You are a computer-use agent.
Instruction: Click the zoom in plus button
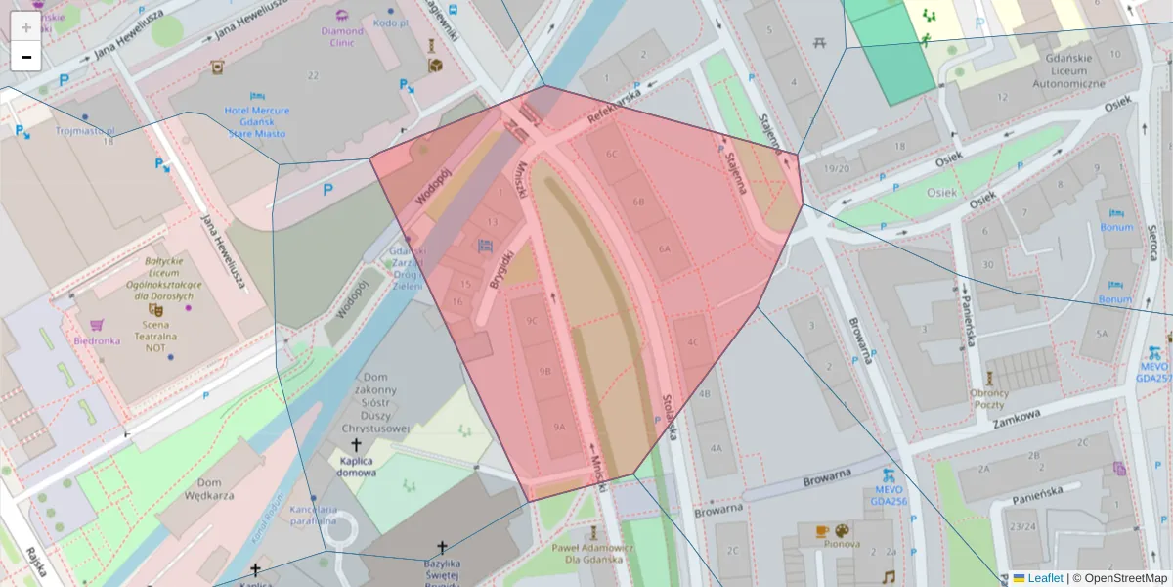[x=26, y=26]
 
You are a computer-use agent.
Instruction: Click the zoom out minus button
[x=26, y=57]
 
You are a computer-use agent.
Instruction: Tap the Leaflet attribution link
[x=1045, y=578]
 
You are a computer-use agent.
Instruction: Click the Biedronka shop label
[x=97, y=340]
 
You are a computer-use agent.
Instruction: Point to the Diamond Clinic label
[x=342, y=36]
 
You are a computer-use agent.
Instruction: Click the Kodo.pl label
[x=389, y=23]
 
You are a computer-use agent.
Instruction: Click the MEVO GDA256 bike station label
[x=890, y=494]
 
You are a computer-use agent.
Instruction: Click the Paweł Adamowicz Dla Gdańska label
[x=592, y=554]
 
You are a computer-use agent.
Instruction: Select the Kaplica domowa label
[x=357, y=466]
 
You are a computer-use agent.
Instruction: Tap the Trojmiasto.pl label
[x=85, y=130]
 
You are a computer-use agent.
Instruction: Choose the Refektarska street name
[x=613, y=106]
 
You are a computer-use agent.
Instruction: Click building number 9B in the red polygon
[x=545, y=371]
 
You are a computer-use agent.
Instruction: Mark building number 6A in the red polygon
[x=665, y=248]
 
